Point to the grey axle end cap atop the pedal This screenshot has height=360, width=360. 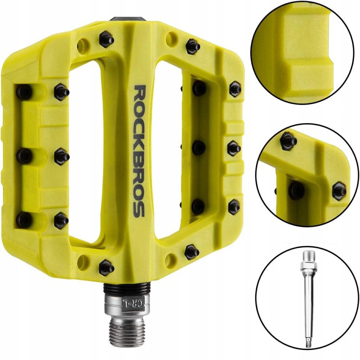[x=128, y=19]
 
